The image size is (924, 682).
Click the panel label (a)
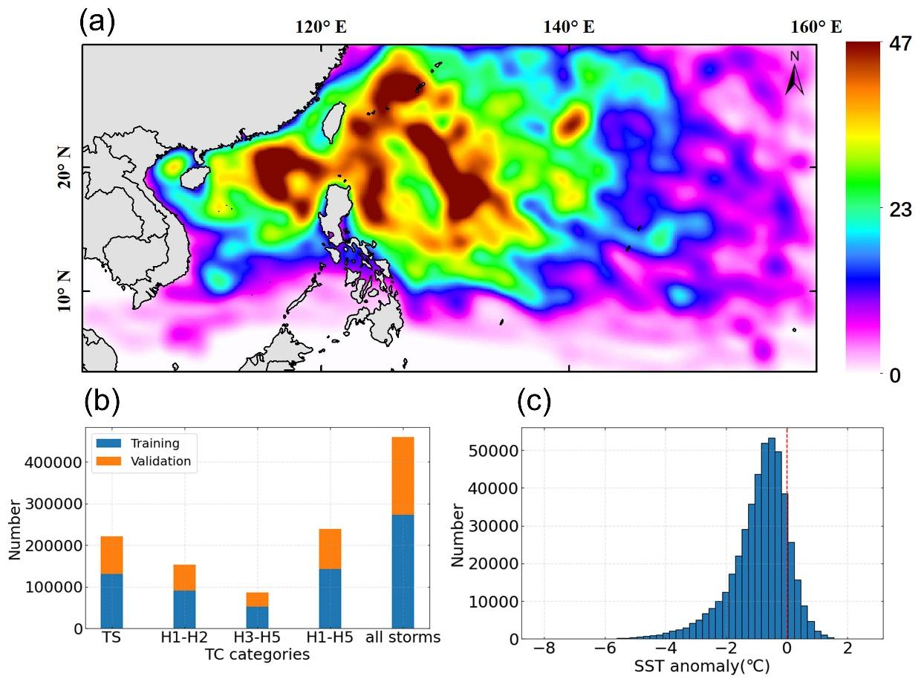[97, 22]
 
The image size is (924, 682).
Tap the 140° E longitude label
[569, 28]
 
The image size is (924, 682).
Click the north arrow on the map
[794, 74]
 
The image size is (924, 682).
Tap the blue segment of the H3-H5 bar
[257, 617]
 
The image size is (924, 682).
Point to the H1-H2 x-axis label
[184, 638]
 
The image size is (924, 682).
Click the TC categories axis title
[257, 655]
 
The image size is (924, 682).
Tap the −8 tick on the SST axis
[544, 649]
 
